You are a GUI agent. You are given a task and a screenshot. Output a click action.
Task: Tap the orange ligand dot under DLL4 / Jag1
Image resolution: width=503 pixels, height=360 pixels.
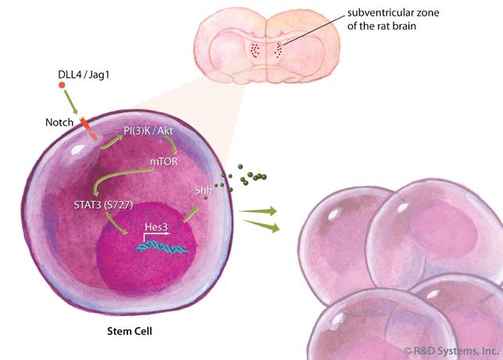(62, 84)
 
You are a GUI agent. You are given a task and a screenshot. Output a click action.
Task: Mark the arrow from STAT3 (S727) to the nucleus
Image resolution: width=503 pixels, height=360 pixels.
(112, 226)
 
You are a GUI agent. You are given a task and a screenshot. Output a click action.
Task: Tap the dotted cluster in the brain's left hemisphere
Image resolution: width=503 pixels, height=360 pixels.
(253, 50)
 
